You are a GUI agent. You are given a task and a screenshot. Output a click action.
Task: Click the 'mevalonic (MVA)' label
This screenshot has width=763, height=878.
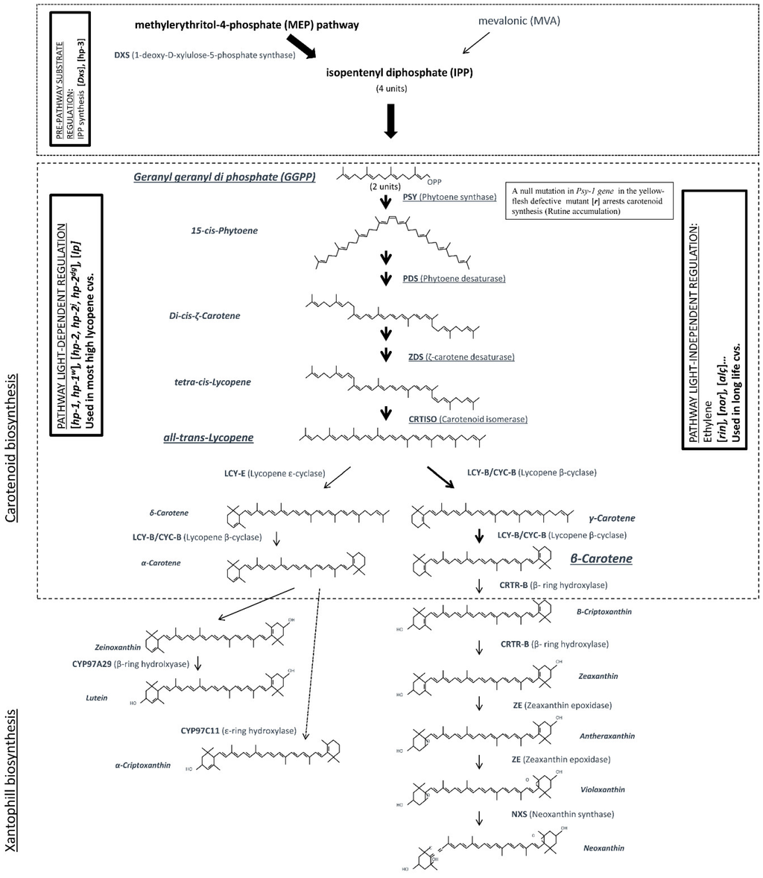(x=519, y=21)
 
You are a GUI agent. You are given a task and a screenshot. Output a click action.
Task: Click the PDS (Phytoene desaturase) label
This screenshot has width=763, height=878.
(x=454, y=279)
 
